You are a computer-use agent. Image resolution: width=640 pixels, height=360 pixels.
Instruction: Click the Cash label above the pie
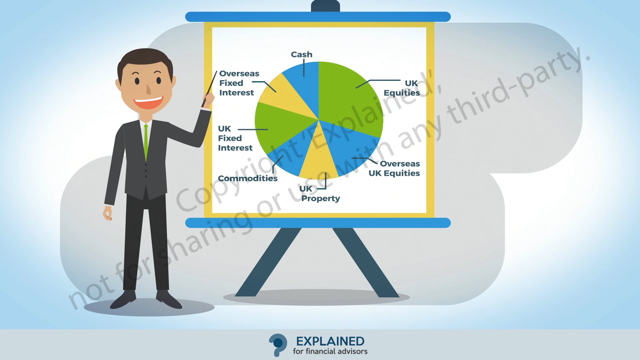pos(301,54)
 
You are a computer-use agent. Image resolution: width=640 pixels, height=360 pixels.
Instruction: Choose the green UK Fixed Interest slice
pos(277,128)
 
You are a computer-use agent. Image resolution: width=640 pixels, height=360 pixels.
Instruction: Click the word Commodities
pos(248,178)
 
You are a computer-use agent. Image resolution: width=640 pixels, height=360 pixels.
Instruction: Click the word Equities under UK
pos(402,93)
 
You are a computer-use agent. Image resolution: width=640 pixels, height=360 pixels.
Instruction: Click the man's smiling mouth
pos(148,103)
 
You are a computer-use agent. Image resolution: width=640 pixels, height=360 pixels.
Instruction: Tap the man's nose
pos(149,89)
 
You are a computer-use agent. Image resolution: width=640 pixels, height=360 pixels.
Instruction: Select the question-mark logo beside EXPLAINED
pos(278,345)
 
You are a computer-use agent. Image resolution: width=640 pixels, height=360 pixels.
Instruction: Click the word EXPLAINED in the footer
pos(330,341)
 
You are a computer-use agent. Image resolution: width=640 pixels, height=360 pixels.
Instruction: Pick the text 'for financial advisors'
pos(330,351)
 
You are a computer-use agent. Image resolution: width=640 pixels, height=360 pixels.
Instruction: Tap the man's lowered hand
pos(108,213)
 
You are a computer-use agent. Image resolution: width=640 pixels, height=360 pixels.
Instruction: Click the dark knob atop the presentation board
pos(325,6)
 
